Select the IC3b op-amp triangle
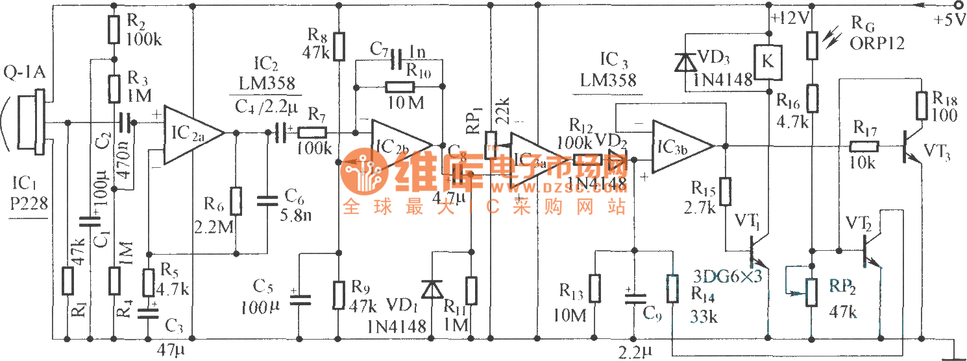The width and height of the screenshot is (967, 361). (x=681, y=146)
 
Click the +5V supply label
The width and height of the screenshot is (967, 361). (x=949, y=20)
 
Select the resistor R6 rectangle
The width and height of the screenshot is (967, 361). (x=236, y=202)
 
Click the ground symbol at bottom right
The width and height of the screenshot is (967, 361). (x=953, y=354)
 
